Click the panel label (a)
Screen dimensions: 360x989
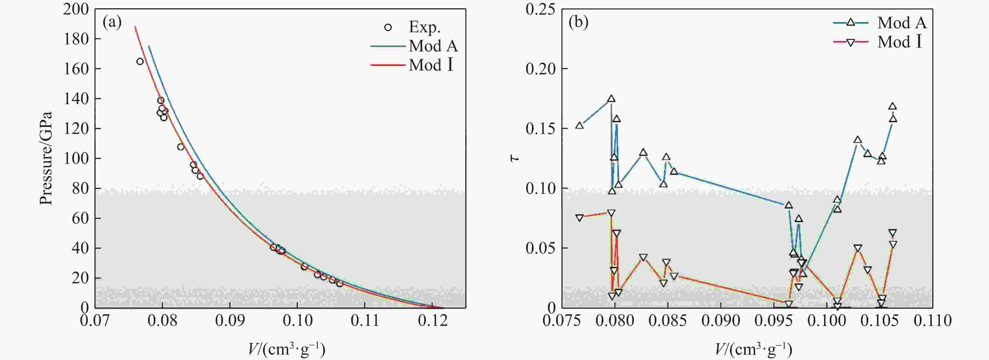pyautogui.click(x=112, y=23)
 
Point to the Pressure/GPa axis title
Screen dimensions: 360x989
pyautogui.click(x=46, y=158)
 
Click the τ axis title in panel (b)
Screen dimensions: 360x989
pyautogui.click(x=515, y=158)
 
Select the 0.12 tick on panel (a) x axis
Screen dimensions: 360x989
pyautogui.click(x=433, y=320)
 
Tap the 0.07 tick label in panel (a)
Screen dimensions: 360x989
pyautogui.click(x=95, y=320)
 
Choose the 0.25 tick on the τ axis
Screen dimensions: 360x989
pyautogui.click(x=540, y=9)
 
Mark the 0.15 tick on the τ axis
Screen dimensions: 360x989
pyautogui.click(x=540, y=128)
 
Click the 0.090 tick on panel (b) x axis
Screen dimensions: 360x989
pyautogui.click(x=721, y=320)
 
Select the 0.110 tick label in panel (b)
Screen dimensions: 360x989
pyautogui.click(x=932, y=320)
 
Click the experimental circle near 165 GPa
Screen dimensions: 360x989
pyautogui.click(x=140, y=61)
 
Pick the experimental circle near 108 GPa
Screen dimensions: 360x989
pyautogui.click(x=180, y=147)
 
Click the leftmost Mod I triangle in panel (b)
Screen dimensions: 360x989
pyautogui.click(x=579, y=218)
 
